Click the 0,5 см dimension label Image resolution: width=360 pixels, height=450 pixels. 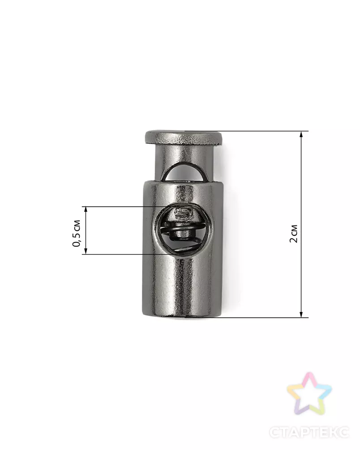point(77,233)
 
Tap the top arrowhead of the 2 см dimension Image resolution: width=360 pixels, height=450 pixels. point(301,134)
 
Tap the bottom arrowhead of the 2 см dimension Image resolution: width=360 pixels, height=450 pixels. point(301,314)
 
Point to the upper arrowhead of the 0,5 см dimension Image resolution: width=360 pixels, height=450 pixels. point(86,210)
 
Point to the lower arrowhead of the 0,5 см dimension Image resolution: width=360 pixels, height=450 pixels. point(86,251)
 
